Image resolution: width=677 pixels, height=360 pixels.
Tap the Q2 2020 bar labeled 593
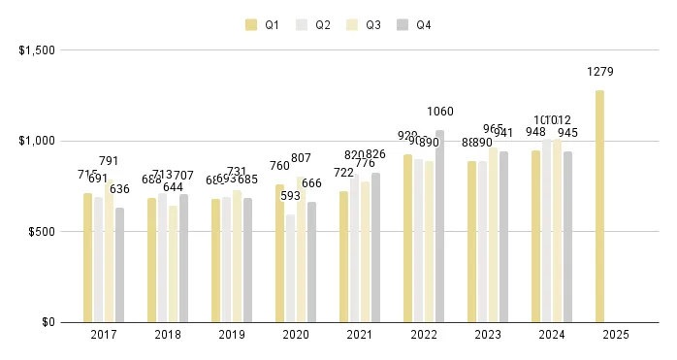(291, 268)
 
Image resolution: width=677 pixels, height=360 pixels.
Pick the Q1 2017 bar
(88, 257)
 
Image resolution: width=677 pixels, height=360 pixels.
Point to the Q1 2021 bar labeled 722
(344, 256)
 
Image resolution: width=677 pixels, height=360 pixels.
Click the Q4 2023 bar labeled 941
(504, 237)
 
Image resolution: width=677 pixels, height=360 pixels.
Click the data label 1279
(600, 72)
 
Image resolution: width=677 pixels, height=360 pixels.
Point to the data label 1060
(440, 112)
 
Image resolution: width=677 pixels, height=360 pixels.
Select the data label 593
(291, 196)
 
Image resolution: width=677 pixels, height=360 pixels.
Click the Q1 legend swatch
(251, 25)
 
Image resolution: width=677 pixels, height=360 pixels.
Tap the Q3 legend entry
(363, 25)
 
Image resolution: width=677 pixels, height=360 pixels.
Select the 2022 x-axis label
(424, 335)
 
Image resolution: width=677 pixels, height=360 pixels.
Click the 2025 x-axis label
(616, 335)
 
